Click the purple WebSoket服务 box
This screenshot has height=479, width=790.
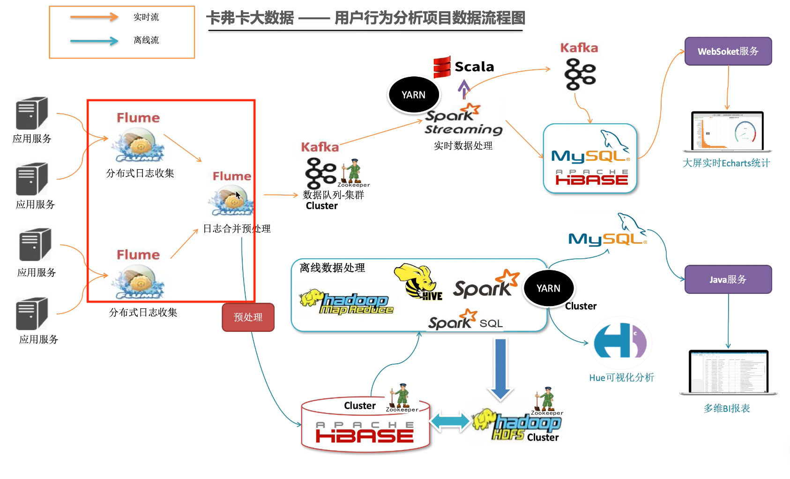click(728, 51)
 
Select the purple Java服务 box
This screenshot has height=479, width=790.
click(728, 279)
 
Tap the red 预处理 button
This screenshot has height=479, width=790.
click(248, 317)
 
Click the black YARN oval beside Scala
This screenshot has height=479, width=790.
click(414, 95)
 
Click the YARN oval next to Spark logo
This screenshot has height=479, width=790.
click(548, 288)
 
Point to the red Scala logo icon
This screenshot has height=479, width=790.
click(442, 67)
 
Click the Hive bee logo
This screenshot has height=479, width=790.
click(418, 281)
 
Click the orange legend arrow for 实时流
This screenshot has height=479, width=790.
click(94, 17)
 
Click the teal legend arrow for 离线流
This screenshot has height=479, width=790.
click(94, 41)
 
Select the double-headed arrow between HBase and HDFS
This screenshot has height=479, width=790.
click(450, 421)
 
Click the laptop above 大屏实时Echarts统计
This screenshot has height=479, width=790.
click(727, 132)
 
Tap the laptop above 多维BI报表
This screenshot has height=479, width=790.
click(728, 372)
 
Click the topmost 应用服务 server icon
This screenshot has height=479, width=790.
click(31, 113)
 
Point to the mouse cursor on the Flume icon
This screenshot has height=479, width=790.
click(238, 195)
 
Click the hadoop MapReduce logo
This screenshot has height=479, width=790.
click(347, 302)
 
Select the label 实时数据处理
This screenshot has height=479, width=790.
click(463, 146)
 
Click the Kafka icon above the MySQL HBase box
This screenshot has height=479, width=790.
click(580, 74)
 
